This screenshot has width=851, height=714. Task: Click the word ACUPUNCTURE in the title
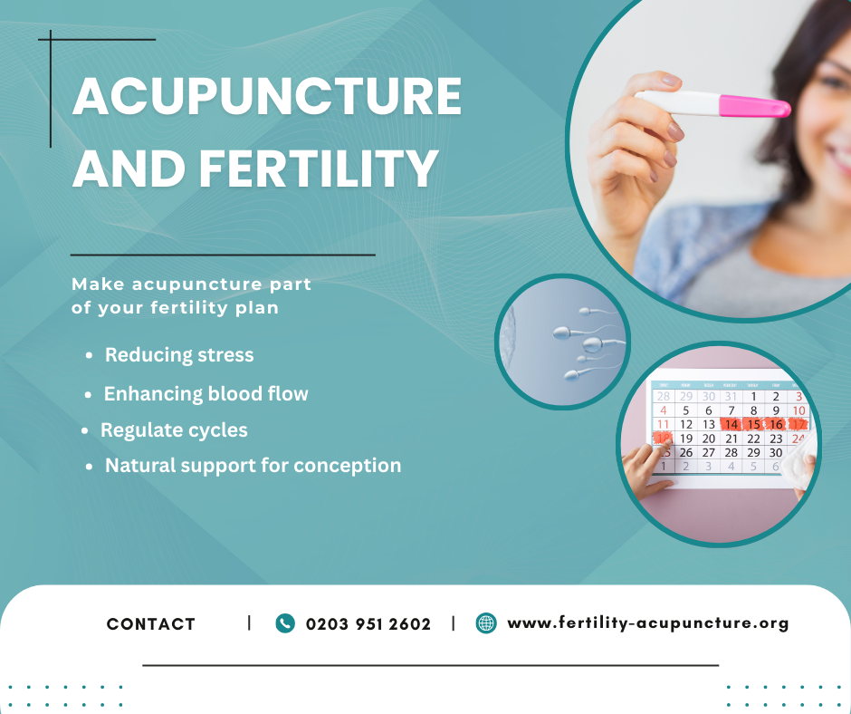(x=266, y=96)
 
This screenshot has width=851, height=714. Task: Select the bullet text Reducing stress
(x=179, y=355)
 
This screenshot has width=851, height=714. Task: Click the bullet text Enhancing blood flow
(x=206, y=393)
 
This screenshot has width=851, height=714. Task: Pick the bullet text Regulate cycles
(x=174, y=430)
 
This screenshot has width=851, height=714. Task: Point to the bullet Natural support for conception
(x=253, y=466)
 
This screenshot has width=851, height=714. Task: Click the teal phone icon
(x=285, y=623)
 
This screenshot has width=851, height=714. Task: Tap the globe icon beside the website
(x=486, y=623)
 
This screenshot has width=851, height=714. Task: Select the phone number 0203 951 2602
(x=368, y=623)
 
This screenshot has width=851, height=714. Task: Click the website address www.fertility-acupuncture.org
(x=647, y=622)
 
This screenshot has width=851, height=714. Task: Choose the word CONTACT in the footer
(x=151, y=623)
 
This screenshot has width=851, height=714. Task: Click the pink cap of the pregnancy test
(x=754, y=106)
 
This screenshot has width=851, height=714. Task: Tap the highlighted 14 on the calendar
(x=731, y=424)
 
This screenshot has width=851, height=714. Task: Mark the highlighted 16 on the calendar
(x=776, y=424)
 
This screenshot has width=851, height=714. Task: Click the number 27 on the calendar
(x=708, y=453)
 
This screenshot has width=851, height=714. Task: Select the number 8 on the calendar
(x=753, y=410)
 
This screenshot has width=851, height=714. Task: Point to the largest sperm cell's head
(x=591, y=344)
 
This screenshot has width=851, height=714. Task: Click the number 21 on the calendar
(x=731, y=439)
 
